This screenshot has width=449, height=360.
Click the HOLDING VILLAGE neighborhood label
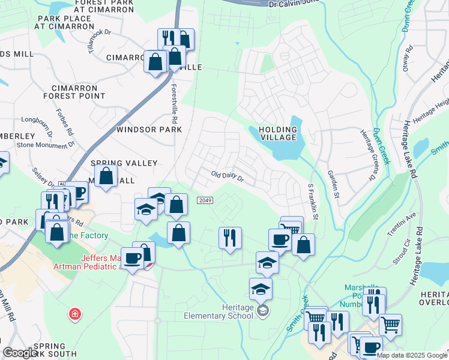[278, 133]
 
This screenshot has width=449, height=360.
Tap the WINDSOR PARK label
[149, 130]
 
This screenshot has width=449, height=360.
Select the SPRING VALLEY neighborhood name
[124, 163]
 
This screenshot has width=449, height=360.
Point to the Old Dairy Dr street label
[228, 176]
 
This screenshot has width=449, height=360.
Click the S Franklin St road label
[312, 202]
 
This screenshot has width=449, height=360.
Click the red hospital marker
[74, 314]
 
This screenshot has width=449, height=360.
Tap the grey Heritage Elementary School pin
[262, 310]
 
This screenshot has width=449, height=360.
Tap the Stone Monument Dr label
[45, 145]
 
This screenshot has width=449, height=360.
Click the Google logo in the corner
[20, 353]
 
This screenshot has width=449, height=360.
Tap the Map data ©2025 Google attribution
[412, 355]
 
